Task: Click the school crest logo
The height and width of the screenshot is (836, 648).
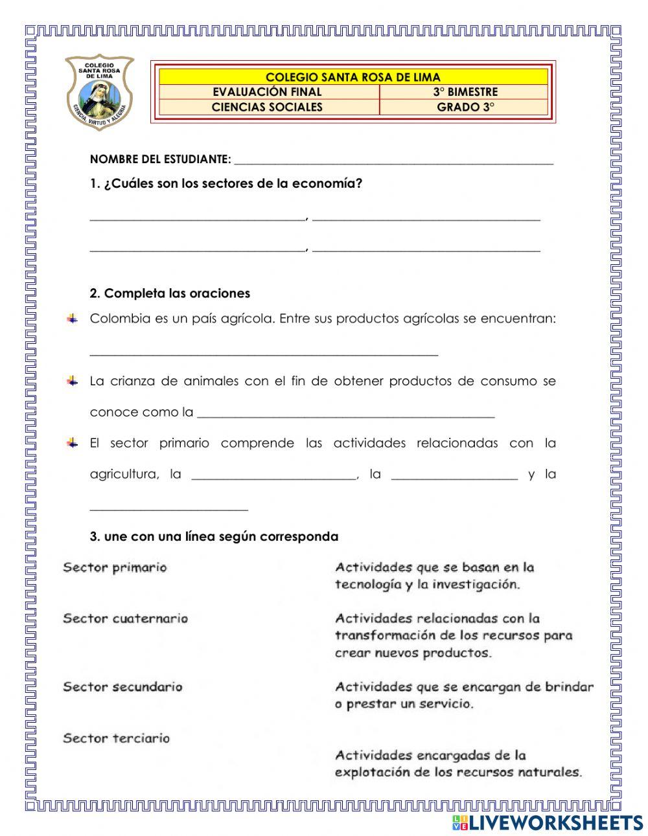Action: [x=99, y=91]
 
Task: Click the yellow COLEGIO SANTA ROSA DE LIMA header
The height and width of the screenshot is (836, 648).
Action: [x=353, y=77]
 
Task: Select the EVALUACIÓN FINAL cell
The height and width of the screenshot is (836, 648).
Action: [x=267, y=92]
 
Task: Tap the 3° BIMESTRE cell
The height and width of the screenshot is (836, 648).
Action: [x=465, y=92]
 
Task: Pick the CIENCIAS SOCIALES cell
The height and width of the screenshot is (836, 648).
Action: [x=267, y=107]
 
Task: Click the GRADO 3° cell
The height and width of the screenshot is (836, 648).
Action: [x=465, y=107]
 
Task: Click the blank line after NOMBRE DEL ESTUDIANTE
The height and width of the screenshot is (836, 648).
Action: [x=393, y=161]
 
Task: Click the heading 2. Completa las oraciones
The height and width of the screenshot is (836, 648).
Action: [x=170, y=293]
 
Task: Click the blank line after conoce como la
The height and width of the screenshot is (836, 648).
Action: [x=345, y=414]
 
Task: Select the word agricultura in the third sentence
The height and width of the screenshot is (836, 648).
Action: [x=124, y=475]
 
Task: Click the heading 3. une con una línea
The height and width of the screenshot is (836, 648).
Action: [x=214, y=537]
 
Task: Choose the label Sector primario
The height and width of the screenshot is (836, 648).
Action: [x=115, y=568]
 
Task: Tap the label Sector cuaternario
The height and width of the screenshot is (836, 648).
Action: [x=125, y=618]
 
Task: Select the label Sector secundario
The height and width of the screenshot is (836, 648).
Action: [x=122, y=687]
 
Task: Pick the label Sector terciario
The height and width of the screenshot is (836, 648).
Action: [x=116, y=738]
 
